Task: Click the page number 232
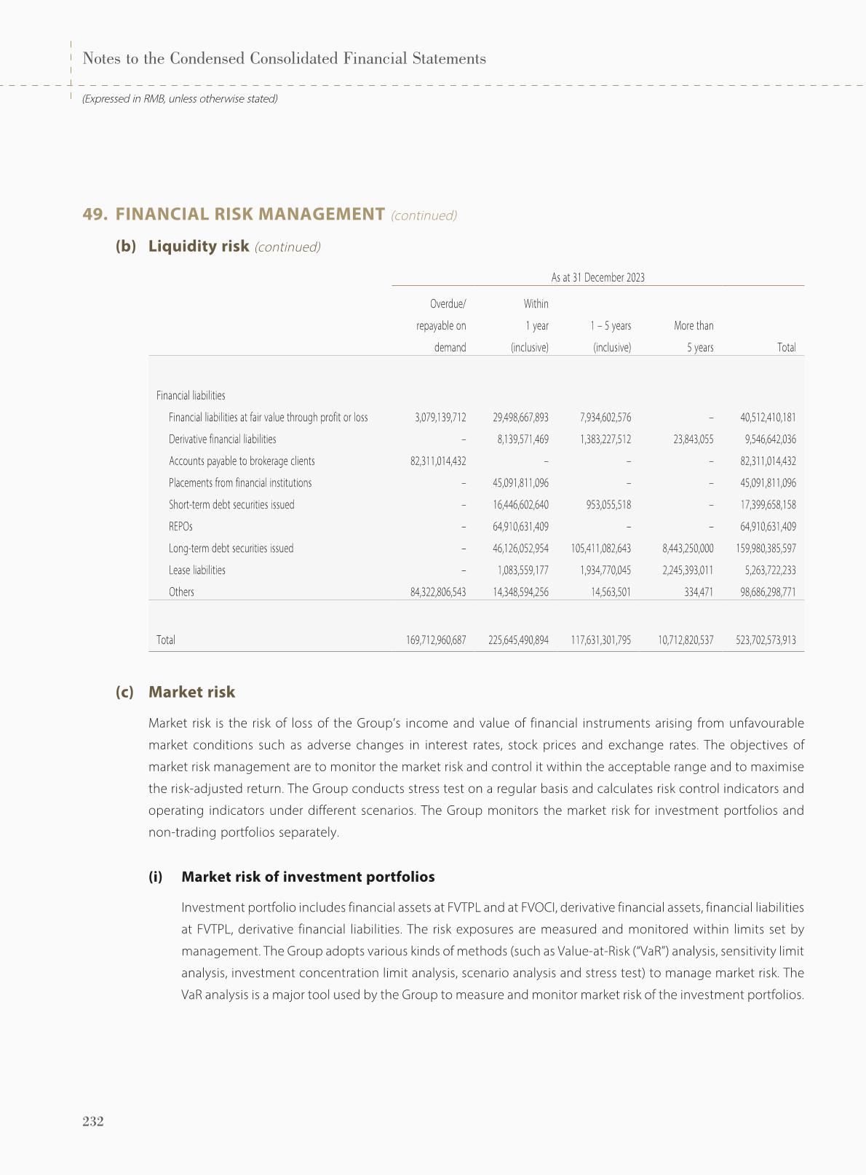pyautogui.click(x=93, y=1121)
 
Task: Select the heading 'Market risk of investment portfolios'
pyautogui.click(x=308, y=877)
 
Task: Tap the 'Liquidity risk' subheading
pyautogui.click(x=199, y=246)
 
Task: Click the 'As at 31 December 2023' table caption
pyautogui.click(x=597, y=277)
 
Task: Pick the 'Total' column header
pyautogui.click(x=786, y=348)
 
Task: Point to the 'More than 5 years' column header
pyautogui.click(x=694, y=336)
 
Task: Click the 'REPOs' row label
pyautogui.click(x=180, y=527)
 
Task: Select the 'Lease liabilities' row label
pyautogui.click(x=197, y=570)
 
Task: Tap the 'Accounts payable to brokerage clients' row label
pyautogui.click(x=242, y=461)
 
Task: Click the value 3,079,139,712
pyautogui.click(x=439, y=418)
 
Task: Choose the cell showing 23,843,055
pyautogui.click(x=687, y=439)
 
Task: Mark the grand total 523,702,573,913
pyautogui.click(x=766, y=640)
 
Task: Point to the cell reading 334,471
pyautogui.click(x=696, y=592)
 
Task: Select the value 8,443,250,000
pyautogui.click(x=687, y=549)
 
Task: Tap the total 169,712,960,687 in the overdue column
pyautogui.click(x=436, y=640)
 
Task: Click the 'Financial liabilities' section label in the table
pyautogui.click(x=191, y=396)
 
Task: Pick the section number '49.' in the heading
pyautogui.click(x=95, y=214)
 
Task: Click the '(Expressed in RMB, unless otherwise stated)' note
pyautogui.click(x=180, y=98)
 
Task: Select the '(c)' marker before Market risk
pyautogui.click(x=124, y=692)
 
